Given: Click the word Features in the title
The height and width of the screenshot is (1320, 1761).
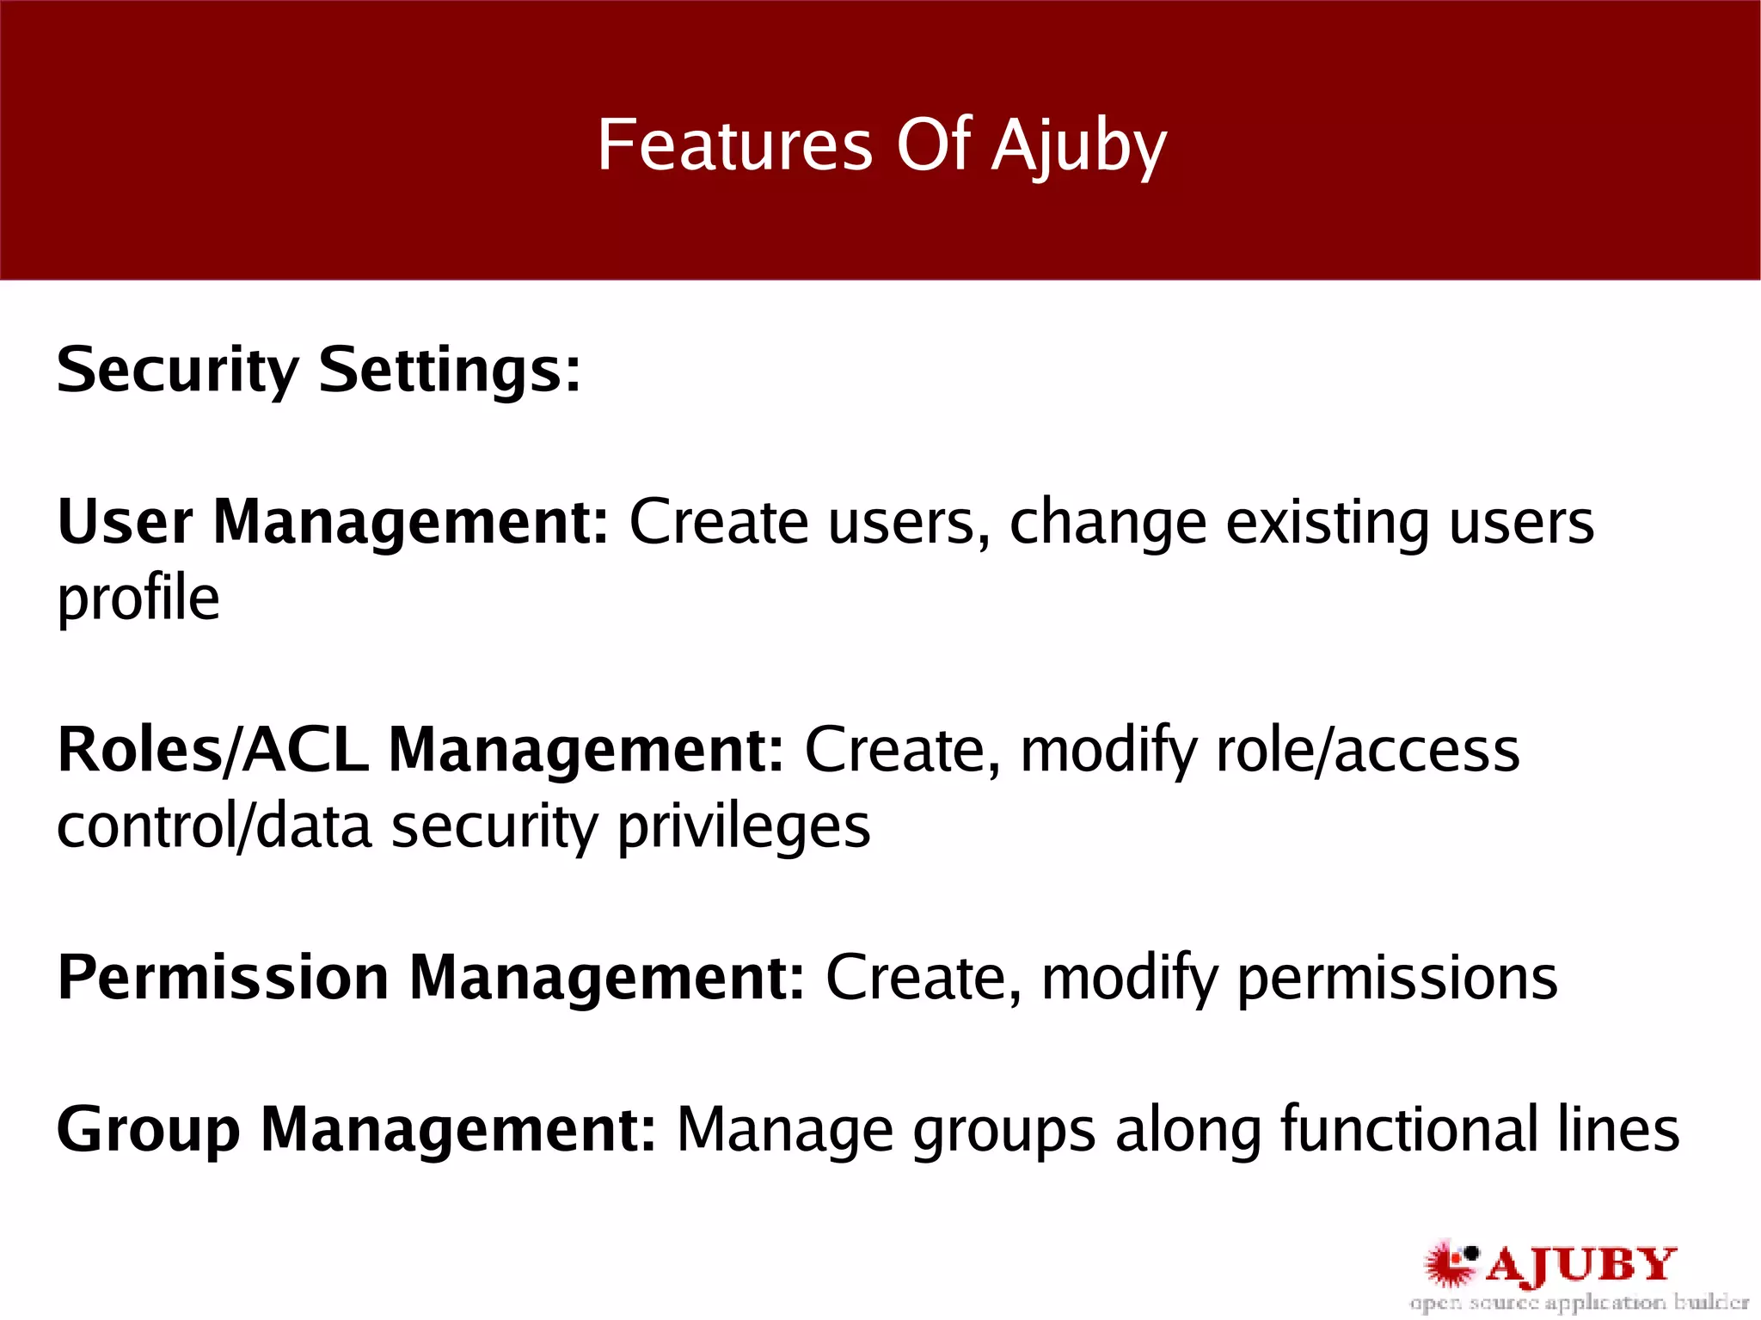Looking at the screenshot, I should pyautogui.click(x=735, y=144).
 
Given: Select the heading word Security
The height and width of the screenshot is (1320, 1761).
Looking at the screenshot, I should pyautogui.click(x=177, y=370).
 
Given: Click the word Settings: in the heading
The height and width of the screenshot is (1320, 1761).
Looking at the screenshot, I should pyautogui.click(x=450, y=370).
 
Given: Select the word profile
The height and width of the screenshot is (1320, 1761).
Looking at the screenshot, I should pyautogui.click(x=138, y=599).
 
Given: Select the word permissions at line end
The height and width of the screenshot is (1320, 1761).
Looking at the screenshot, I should pyautogui.click(x=1396, y=979).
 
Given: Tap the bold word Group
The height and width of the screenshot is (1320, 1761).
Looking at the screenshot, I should pyautogui.click(x=148, y=1130).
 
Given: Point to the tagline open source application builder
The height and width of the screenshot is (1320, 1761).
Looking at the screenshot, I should pyautogui.click(x=1579, y=1303).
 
